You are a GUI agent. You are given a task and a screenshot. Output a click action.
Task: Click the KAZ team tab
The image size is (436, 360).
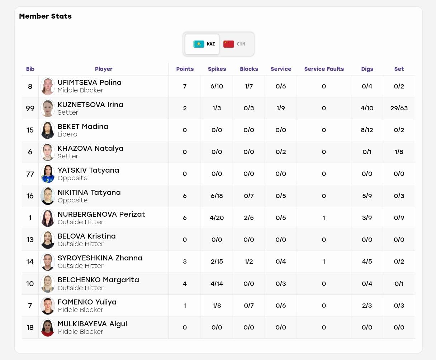coord(202,44)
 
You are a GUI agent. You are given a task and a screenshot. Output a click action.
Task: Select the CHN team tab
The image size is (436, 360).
coord(234,44)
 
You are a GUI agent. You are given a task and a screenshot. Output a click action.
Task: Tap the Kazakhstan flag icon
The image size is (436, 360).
coord(199,44)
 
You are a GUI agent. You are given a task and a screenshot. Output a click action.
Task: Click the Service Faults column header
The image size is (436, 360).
coord(324,69)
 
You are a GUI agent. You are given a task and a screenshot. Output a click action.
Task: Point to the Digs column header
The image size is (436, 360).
coord(367,69)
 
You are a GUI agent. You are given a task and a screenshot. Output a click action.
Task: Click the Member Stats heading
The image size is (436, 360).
coord(45,16)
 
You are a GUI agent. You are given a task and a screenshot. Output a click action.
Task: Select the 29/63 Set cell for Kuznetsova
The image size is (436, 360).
coord(399,108)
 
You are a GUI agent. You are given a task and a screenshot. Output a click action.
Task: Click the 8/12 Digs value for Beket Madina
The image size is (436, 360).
coord(367,130)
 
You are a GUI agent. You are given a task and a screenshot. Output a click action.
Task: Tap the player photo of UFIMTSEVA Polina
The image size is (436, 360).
coord(48,86)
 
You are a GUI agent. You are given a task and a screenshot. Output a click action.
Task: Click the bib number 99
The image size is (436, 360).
coord(30,108)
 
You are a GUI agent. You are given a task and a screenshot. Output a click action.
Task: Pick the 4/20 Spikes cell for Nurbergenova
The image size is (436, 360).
coord(217,218)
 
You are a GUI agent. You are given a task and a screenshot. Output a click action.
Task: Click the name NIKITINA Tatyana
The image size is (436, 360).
coord(89,192)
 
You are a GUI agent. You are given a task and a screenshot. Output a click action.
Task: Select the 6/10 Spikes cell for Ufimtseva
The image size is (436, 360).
coord(217,86)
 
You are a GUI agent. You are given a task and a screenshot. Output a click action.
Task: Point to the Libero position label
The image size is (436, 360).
coord(67,134)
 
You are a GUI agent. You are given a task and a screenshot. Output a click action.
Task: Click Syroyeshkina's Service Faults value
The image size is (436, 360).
coord(324,261)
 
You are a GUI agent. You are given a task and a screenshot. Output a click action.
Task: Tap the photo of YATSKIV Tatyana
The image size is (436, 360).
coord(48,174)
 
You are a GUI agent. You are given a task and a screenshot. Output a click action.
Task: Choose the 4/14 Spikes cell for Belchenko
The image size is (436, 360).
coord(217,284)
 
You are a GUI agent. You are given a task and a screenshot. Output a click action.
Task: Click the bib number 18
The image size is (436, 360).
coord(30,327)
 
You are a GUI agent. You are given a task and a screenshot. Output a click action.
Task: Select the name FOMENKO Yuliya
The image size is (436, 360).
coord(87,302)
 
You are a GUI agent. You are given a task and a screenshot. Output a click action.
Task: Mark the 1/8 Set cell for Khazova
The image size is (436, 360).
coord(399,152)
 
